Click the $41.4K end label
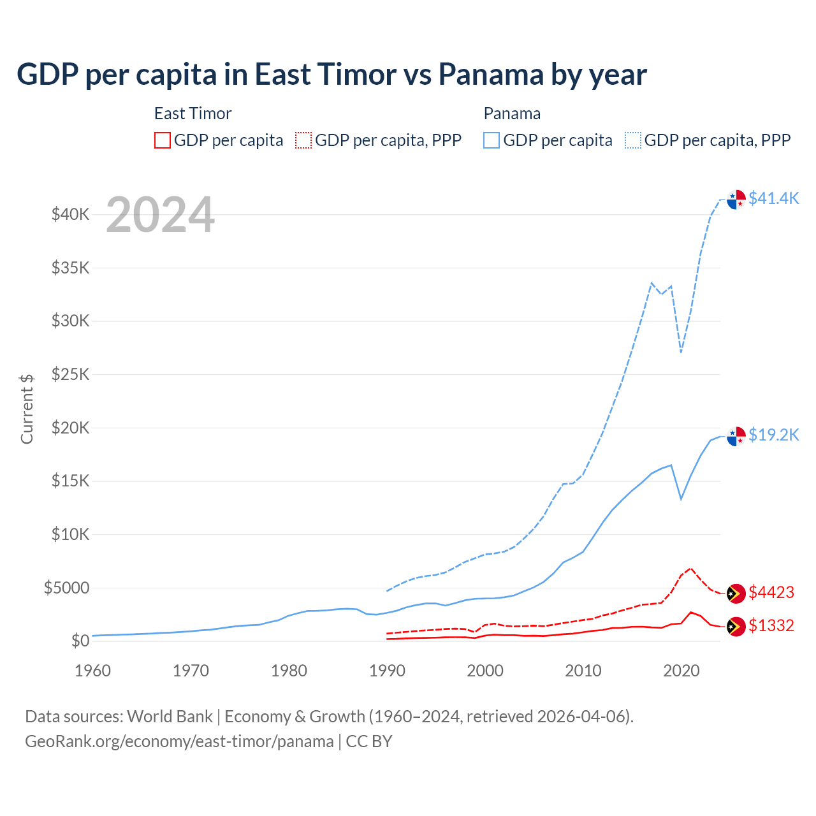(773, 198)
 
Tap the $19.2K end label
(773, 435)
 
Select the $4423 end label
(771, 592)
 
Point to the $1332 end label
(771, 625)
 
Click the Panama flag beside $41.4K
(736, 200)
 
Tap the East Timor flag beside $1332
(736, 627)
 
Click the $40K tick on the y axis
(71, 214)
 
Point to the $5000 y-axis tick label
(67, 588)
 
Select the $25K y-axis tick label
(71, 374)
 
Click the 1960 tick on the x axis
(93, 671)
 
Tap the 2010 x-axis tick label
(583, 671)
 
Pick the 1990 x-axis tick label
(387, 671)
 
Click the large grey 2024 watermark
(160, 215)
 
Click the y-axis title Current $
(27, 409)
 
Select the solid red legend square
(163, 140)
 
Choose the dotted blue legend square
(633, 140)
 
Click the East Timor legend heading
(193, 113)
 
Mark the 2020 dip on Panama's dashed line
(681, 352)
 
